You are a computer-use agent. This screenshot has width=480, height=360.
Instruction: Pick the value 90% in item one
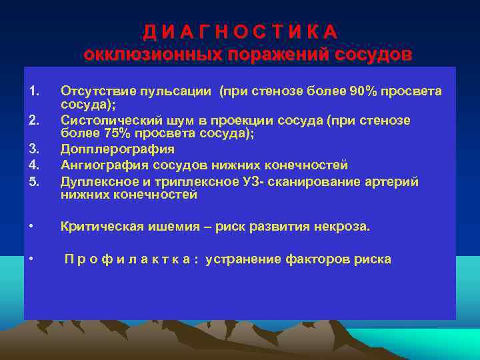(x=363, y=91)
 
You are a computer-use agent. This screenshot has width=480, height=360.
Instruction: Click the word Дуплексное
(x=97, y=179)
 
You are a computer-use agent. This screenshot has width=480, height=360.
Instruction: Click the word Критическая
(x=99, y=227)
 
